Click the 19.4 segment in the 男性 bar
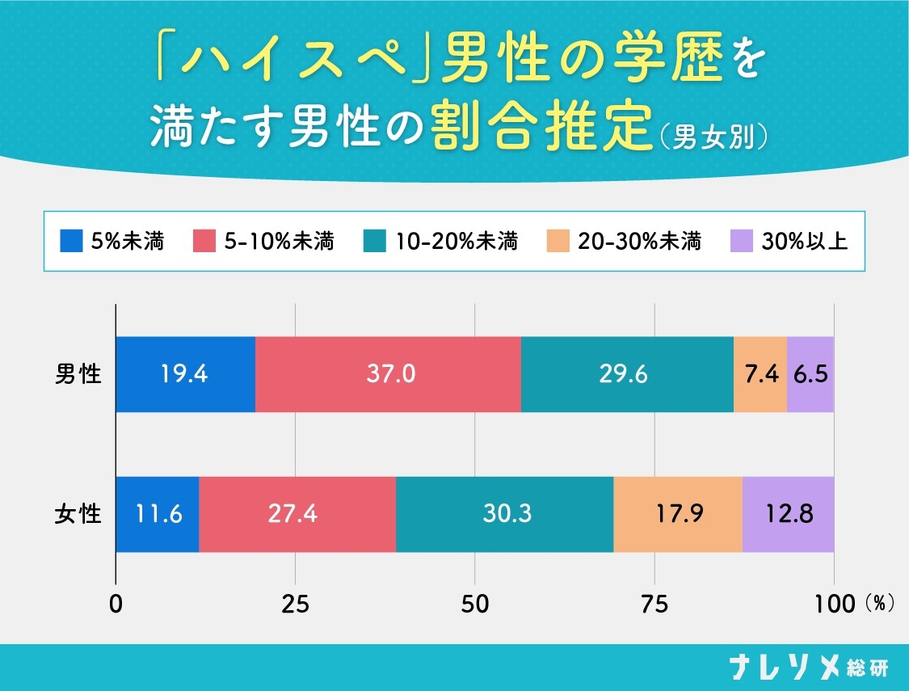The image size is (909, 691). [186, 374]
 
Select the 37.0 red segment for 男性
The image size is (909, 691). [388, 374]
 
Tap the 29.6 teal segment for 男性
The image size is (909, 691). [627, 374]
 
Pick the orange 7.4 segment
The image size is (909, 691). [760, 374]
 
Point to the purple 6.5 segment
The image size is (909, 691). [810, 374]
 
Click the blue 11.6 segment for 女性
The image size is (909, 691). [158, 514]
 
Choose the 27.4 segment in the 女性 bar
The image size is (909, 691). [297, 514]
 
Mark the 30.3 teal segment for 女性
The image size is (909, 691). [504, 514]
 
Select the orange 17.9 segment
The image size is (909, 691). [677, 514]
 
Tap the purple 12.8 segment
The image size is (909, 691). [788, 514]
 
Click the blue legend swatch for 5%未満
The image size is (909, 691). [72, 241]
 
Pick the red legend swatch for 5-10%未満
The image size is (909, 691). [204, 241]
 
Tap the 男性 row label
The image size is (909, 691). [78, 374]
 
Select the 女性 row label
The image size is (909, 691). [78, 514]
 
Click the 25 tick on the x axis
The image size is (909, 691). [296, 604]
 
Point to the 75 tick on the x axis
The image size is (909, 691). [654, 604]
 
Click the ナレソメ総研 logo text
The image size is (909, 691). [809, 668]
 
